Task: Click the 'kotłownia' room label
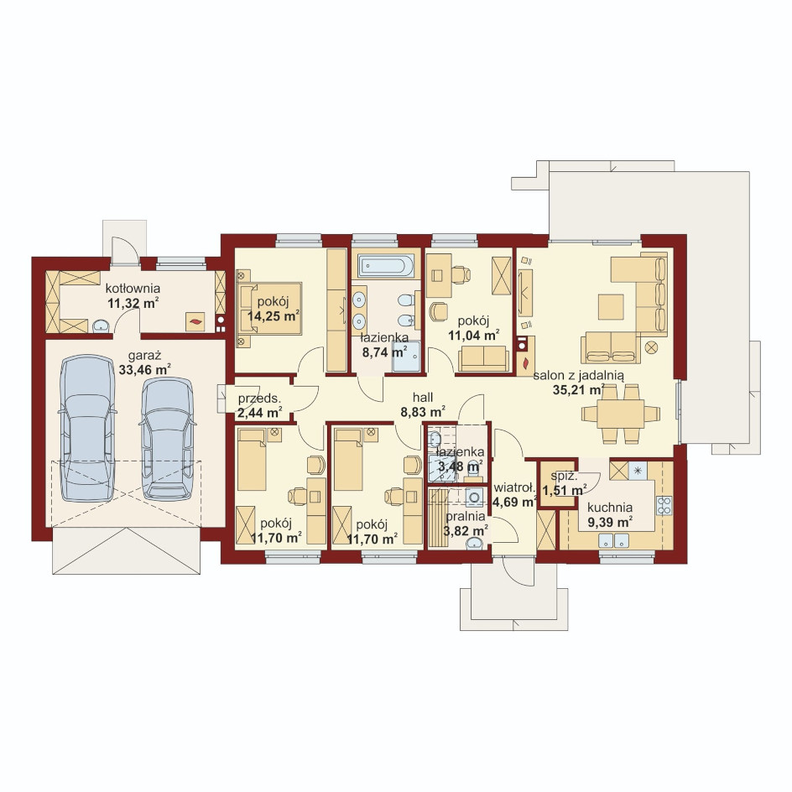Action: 133,289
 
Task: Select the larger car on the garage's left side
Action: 87,429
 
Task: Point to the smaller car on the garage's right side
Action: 168,439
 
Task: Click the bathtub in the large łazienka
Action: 386,265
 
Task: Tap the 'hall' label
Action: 423,398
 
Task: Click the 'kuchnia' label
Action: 610,508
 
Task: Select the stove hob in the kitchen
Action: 664,506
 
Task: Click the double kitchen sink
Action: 613,540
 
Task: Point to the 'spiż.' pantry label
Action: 564,476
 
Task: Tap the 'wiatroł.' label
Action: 514,488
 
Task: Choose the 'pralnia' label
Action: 465,517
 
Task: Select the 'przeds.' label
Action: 259,399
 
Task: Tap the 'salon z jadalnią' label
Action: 578,376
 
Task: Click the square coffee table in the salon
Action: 611,306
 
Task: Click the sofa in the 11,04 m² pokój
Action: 483,358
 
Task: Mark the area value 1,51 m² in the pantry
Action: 564,491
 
